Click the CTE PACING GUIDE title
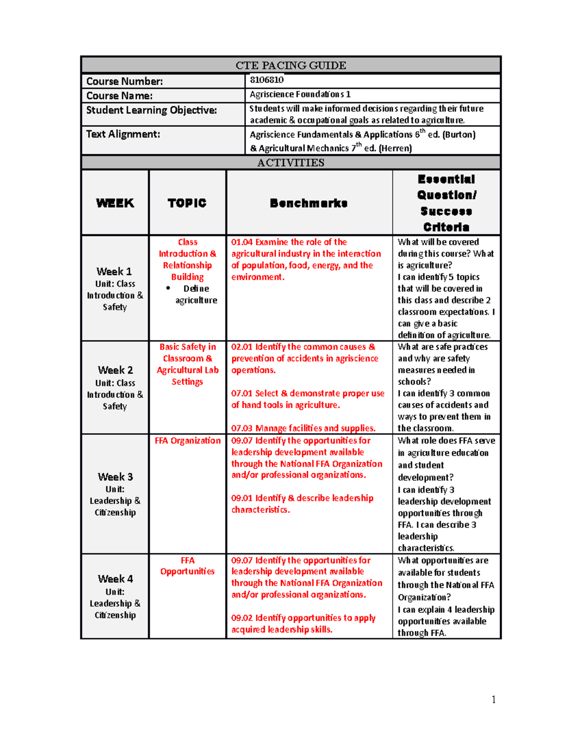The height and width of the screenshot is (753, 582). click(x=291, y=65)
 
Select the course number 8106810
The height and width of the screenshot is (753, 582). click(x=266, y=80)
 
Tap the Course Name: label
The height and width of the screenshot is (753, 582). click(x=119, y=96)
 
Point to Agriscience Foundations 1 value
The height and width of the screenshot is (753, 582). click(x=300, y=95)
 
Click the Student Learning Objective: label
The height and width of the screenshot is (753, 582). click(x=151, y=110)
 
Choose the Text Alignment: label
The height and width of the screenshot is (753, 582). click(x=123, y=134)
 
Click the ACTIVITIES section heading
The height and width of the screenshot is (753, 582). click(x=291, y=162)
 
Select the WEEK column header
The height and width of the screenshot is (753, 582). click(x=115, y=203)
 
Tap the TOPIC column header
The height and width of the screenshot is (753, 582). click(x=187, y=203)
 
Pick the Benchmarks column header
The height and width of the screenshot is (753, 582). click(x=308, y=203)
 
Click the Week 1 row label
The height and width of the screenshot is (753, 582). click(x=114, y=272)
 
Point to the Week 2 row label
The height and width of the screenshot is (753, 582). click(x=115, y=370)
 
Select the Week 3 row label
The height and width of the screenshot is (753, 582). click(x=115, y=477)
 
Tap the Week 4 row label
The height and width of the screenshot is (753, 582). click(x=115, y=579)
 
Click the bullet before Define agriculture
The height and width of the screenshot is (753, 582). click(x=168, y=288)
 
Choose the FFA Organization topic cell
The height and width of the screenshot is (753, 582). click(x=188, y=441)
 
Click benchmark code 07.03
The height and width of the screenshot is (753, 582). click(x=242, y=428)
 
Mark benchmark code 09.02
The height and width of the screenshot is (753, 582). click(x=242, y=618)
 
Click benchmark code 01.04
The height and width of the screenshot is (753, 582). click(x=242, y=242)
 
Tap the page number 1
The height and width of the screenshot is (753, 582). click(x=493, y=699)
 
